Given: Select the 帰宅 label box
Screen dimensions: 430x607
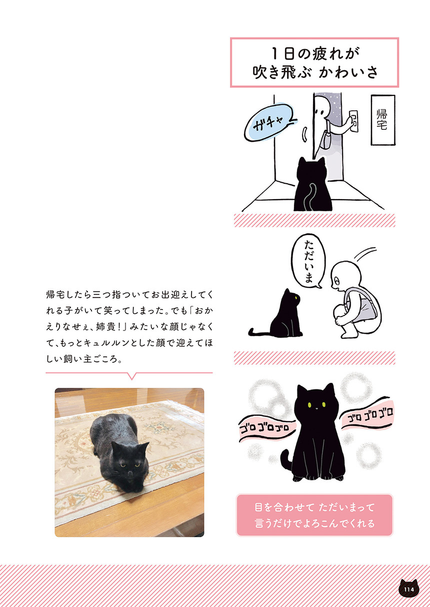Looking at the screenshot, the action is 383,119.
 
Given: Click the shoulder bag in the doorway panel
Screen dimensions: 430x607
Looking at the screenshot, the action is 327,138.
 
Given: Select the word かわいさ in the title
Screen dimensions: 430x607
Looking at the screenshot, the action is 348,72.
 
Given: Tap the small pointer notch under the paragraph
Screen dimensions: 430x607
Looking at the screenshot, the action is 131,376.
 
